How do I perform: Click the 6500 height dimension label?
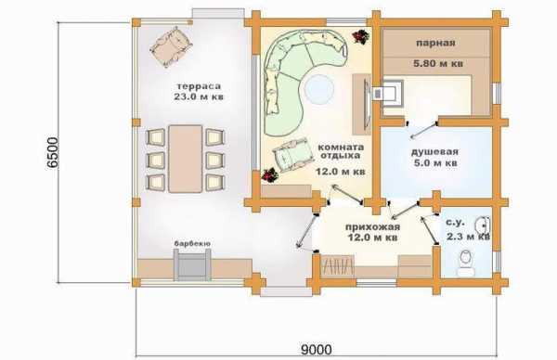(52, 152)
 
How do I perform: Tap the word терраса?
(199, 86)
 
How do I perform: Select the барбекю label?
(192, 243)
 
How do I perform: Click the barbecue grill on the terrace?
(192, 264)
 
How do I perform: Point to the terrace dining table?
(185, 159)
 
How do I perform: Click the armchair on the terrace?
(171, 46)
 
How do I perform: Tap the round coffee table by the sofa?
(319, 89)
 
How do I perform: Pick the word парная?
(435, 44)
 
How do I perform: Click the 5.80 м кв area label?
(438, 64)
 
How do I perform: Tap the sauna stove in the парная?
(388, 91)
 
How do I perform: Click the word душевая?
(434, 152)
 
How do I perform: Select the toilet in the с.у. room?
(466, 264)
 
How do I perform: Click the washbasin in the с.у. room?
(482, 225)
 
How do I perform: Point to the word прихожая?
(372, 227)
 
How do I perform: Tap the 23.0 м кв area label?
(199, 96)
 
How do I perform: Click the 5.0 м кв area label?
(435, 163)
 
